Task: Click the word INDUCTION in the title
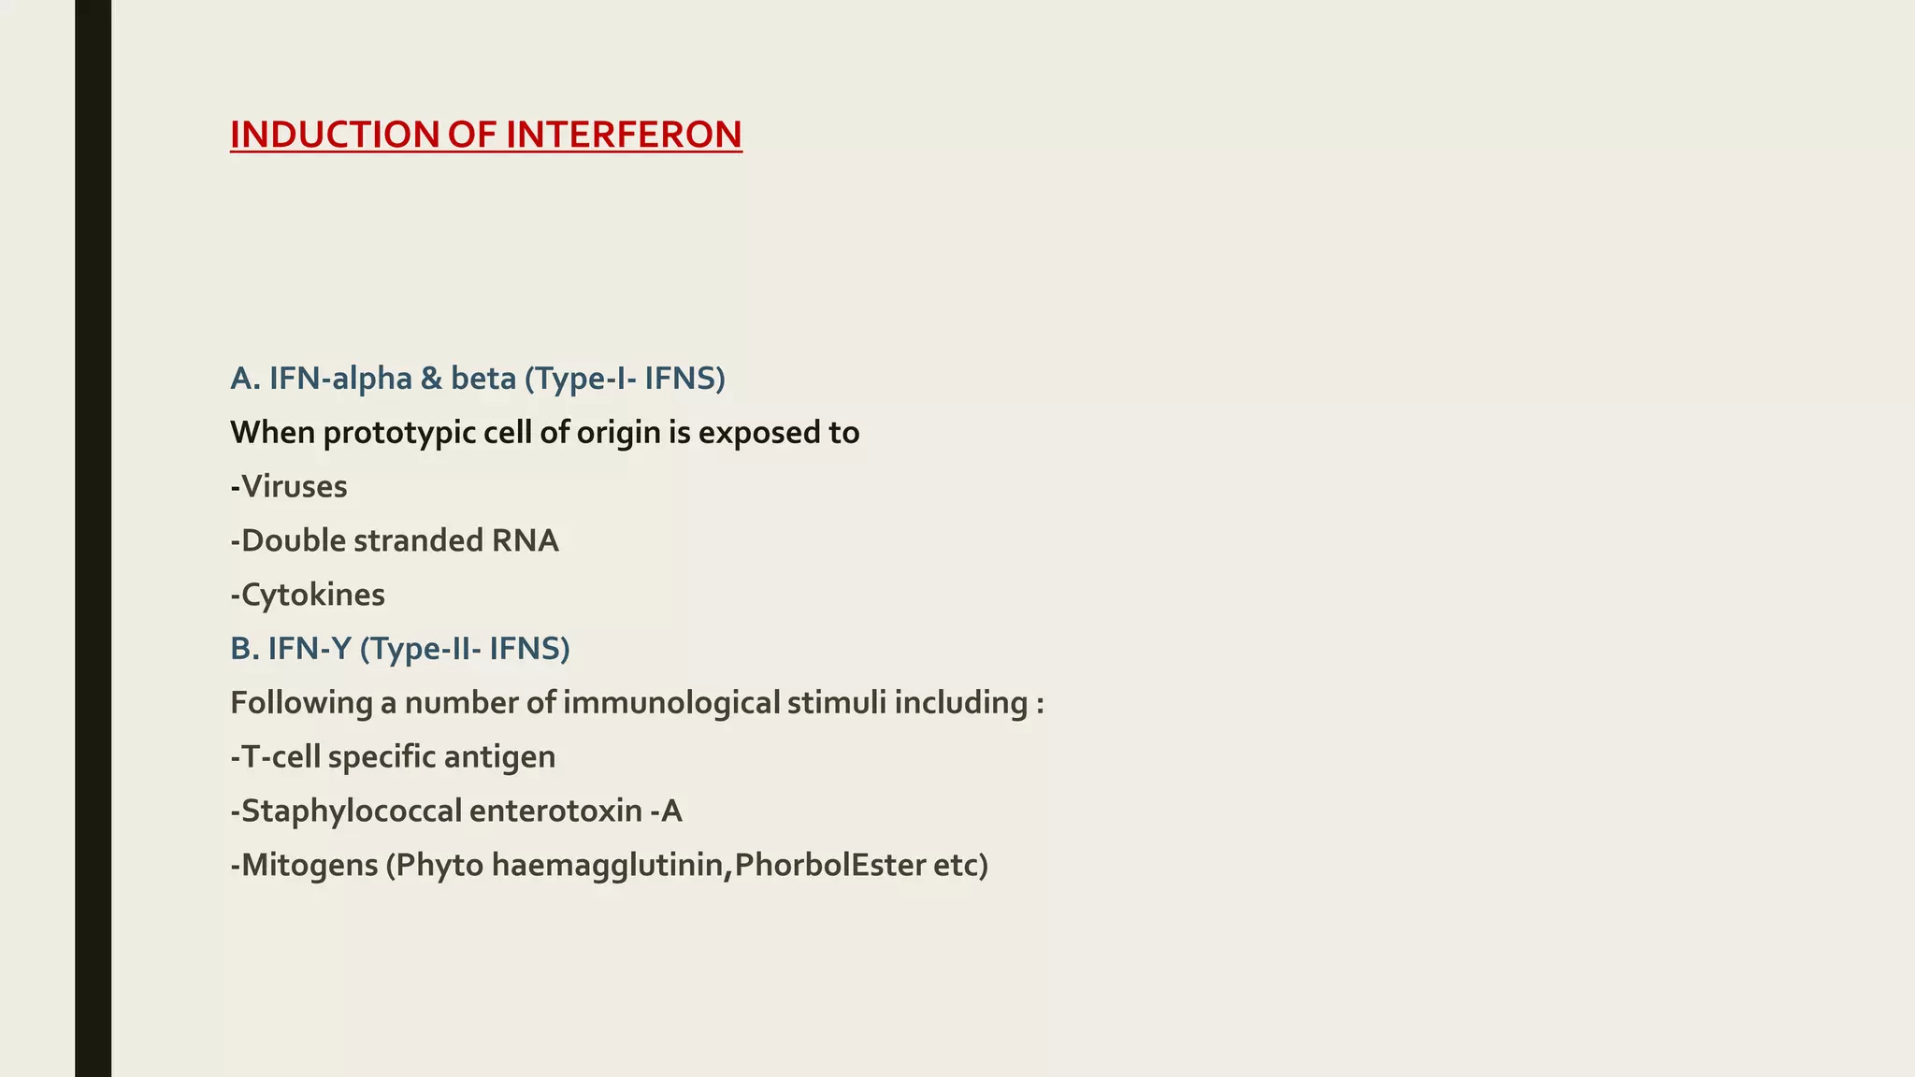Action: point(334,135)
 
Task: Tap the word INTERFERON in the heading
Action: point(624,135)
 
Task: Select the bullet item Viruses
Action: point(293,487)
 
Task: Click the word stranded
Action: point(417,541)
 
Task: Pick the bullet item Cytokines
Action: point(311,596)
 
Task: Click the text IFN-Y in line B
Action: point(309,649)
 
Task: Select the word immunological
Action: point(671,703)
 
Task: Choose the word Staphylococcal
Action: point(351,811)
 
